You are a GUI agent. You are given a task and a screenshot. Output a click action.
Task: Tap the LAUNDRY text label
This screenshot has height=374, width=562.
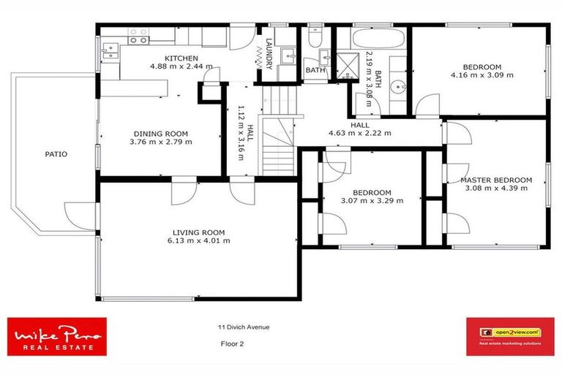[270, 55]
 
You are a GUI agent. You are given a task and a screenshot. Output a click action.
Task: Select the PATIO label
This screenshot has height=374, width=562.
[56, 154]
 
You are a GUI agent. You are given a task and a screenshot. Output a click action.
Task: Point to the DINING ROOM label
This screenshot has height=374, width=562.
[161, 134]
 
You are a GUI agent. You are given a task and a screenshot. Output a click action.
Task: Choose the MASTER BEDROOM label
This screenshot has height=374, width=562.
[496, 180]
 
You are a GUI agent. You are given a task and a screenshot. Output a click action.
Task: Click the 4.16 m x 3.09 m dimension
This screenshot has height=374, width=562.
[482, 75]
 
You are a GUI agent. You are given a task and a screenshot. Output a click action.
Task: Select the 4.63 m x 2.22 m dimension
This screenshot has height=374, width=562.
[360, 134]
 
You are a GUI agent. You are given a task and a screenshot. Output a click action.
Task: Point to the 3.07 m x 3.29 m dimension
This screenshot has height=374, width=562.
[372, 201]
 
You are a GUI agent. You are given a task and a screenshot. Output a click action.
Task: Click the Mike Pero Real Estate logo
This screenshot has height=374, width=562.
[57, 337]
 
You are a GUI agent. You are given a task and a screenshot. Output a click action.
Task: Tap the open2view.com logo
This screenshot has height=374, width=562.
[510, 336]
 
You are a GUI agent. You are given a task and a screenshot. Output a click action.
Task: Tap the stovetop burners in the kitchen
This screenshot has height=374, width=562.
[138, 39]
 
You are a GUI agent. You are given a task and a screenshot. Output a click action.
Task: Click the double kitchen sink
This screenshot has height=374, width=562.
[110, 50]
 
